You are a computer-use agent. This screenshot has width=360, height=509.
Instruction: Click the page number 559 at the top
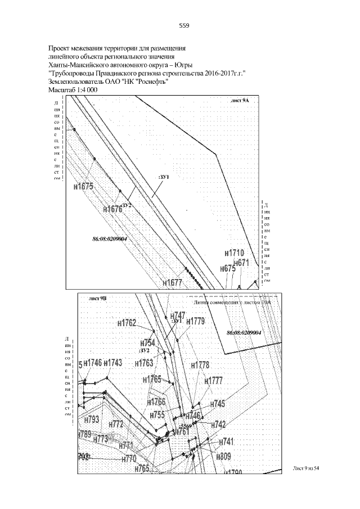tap(184, 25)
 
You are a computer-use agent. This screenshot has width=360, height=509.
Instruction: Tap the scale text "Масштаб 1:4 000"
tap(73, 90)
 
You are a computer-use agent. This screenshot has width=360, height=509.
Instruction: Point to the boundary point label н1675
tap(83, 186)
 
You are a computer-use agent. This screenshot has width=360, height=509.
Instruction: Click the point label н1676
tap(112, 209)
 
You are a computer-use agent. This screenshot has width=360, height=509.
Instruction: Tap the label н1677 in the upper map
tap(173, 282)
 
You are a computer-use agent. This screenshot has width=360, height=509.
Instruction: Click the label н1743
tap(113, 363)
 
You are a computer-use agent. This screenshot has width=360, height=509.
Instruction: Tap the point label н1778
tap(200, 365)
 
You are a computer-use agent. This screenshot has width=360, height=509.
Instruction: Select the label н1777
tap(214, 381)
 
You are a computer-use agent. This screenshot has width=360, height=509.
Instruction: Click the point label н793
tap(91, 420)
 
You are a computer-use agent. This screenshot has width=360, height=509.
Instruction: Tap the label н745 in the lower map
tap(218, 404)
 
